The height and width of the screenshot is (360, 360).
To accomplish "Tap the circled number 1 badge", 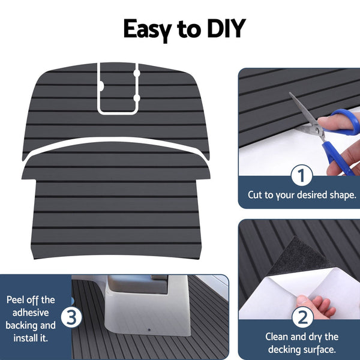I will pyautogui.click(x=302, y=176).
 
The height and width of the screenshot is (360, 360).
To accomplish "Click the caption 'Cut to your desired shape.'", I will pyautogui.click(x=302, y=195).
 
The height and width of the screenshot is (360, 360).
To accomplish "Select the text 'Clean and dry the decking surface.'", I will pyautogui.click(x=302, y=343).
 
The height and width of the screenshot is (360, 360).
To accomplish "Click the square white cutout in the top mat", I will pyautogui.click(x=117, y=90).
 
